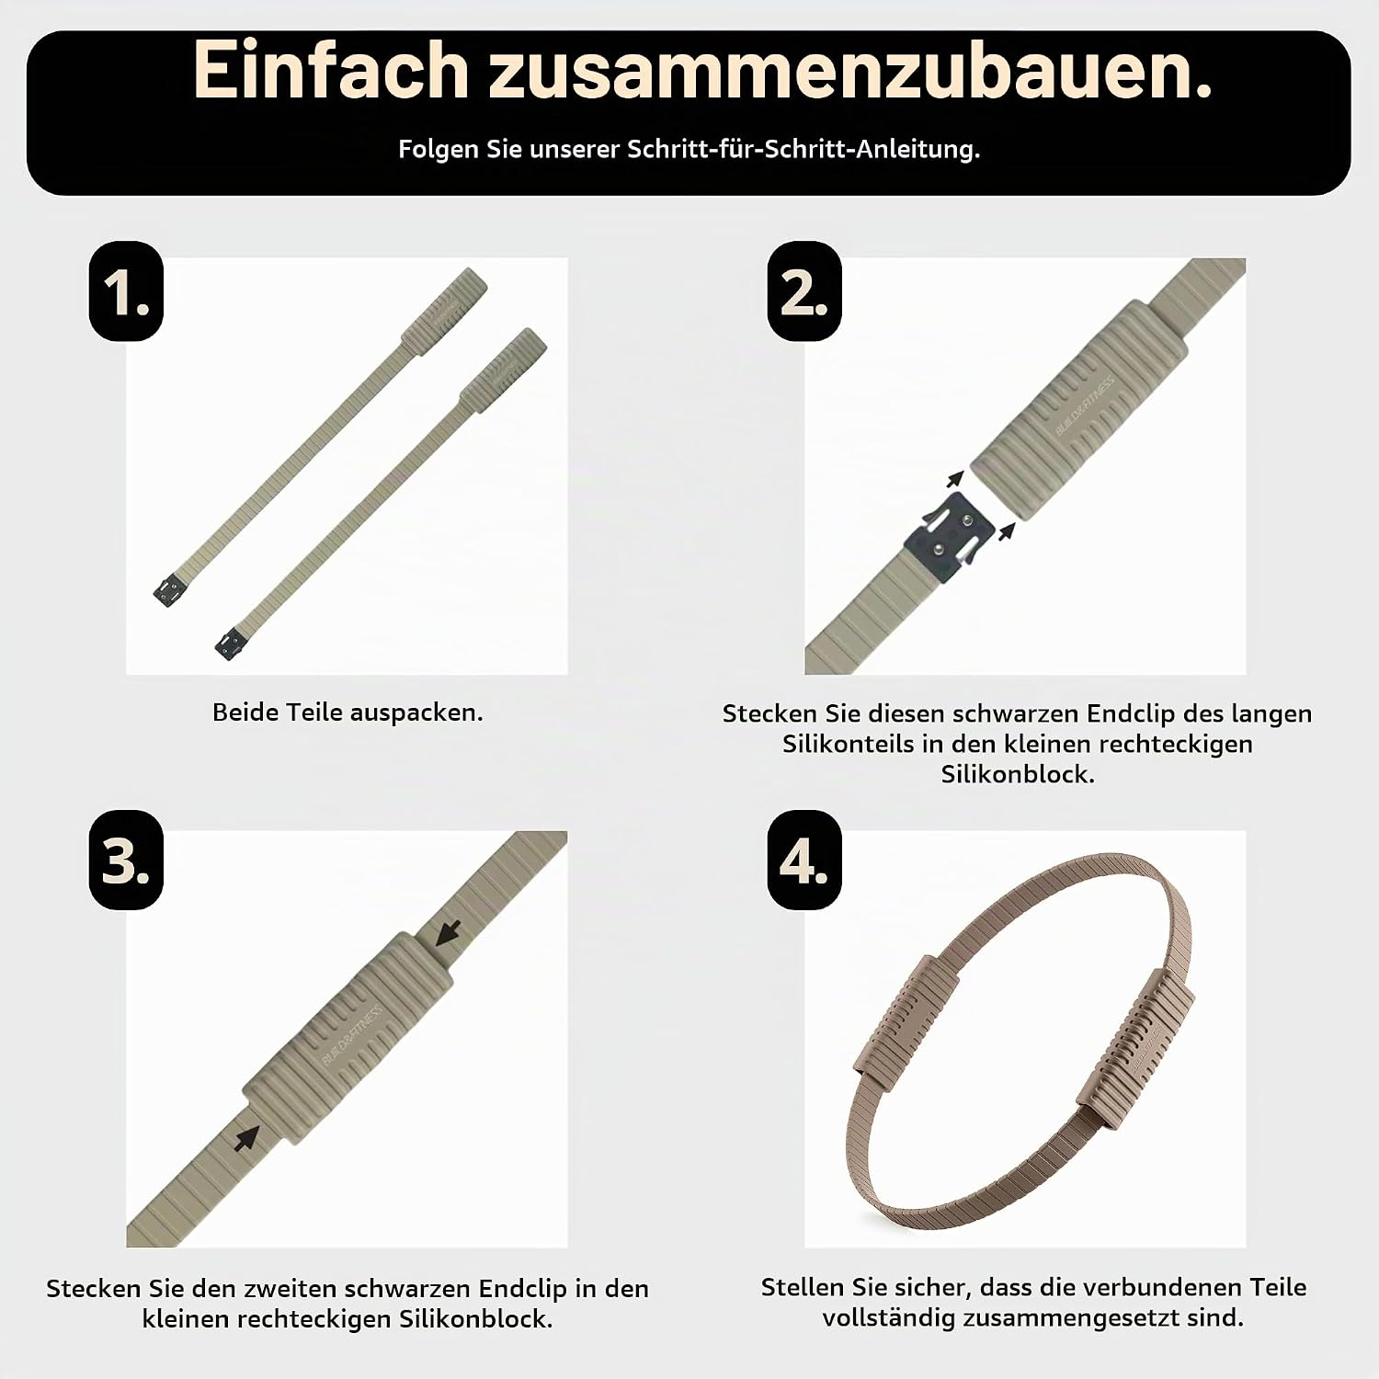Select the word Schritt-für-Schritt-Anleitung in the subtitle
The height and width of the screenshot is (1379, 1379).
[803, 149]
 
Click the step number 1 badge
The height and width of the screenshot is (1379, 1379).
[126, 291]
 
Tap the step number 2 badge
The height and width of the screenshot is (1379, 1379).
[804, 291]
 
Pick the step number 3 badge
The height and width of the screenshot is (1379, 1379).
[126, 860]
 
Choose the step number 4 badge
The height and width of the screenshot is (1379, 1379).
[804, 860]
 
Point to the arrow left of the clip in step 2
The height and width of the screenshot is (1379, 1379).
[956, 480]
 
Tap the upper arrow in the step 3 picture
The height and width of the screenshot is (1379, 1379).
[448, 933]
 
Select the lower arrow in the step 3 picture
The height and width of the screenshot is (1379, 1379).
[245, 1139]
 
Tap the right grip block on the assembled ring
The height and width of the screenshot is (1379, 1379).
[1141, 1039]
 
